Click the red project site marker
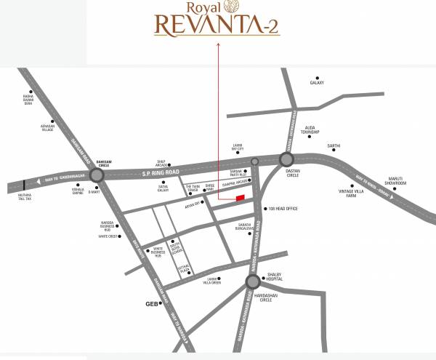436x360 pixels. [240, 198]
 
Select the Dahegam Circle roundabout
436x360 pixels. [97, 175]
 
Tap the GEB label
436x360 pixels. [152, 303]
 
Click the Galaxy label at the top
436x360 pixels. [316, 83]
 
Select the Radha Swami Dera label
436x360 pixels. [28, 99]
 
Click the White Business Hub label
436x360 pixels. [153, 252]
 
